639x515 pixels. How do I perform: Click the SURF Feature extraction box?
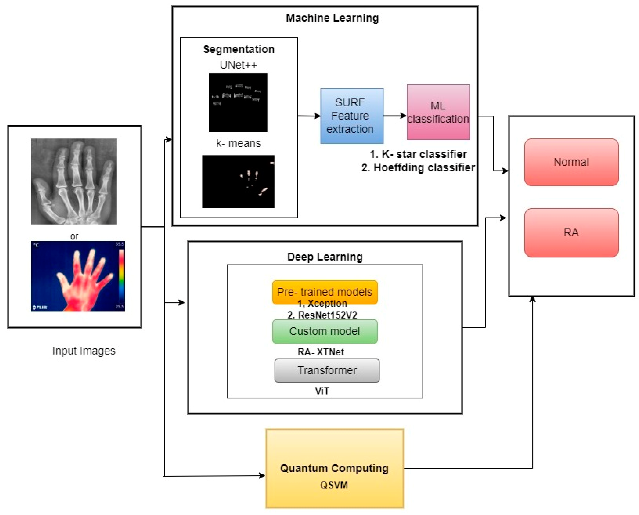pos(352,116)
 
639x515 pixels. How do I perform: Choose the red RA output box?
pos(571,233)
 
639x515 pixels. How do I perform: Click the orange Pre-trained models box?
pos(325,292)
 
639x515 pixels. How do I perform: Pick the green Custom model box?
pos(325,331)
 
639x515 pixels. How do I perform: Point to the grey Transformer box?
pos(327,370)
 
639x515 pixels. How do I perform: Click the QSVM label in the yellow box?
pos(334,485)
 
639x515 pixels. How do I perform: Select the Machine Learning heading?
pos(332,18)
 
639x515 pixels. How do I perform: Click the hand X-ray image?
pos(74,181)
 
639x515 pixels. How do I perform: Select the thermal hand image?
pos(78,276)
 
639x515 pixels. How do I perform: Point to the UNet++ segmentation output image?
pos(238,103)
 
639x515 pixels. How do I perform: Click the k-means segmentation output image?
pos(238,181)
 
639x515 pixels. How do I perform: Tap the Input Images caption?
pos(84,351)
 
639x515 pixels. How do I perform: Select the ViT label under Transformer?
pos(322,391)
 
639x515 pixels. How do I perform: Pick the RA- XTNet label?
pos(321,352)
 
